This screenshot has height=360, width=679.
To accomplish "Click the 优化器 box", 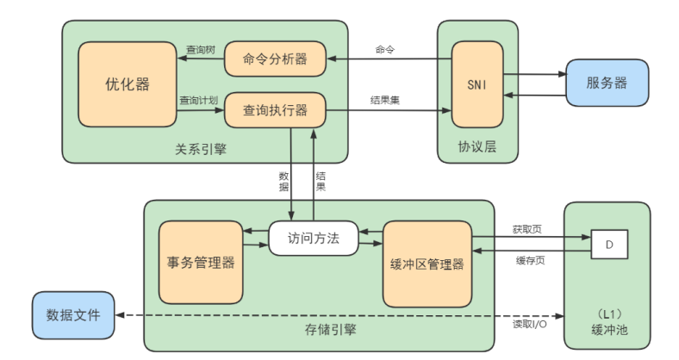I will [127, 84].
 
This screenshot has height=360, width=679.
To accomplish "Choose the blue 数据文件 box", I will [72, 314].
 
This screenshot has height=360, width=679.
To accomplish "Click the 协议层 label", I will [477, 147].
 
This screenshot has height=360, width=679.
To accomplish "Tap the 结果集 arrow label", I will [384, 100].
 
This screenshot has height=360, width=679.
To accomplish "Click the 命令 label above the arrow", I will [384, 49].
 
